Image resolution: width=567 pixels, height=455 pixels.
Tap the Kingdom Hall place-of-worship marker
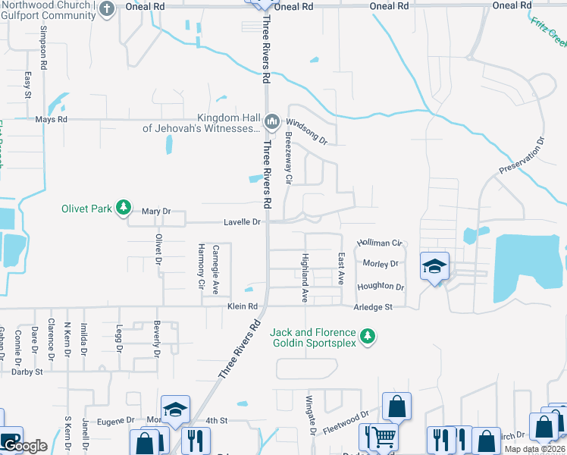coord(272,121)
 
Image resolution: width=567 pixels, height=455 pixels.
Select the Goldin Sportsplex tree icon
coord(368,336)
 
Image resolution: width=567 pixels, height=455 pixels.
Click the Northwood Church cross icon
coord(107,8)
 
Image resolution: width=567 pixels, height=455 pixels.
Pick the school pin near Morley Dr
coord(434,266)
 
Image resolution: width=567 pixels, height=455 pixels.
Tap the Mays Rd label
coord(52,120)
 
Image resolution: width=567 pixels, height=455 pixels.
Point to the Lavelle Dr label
coord(242,223)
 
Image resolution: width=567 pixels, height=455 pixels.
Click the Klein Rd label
coord(243,307)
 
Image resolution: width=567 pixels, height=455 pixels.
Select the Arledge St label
coord(373,307)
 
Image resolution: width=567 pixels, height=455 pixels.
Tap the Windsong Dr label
coord(306,130)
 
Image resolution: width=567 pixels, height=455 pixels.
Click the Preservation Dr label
coord(522,156)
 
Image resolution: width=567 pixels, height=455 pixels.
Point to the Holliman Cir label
coord(378,243)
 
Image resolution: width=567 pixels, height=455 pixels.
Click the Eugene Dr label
coord(116,419)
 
